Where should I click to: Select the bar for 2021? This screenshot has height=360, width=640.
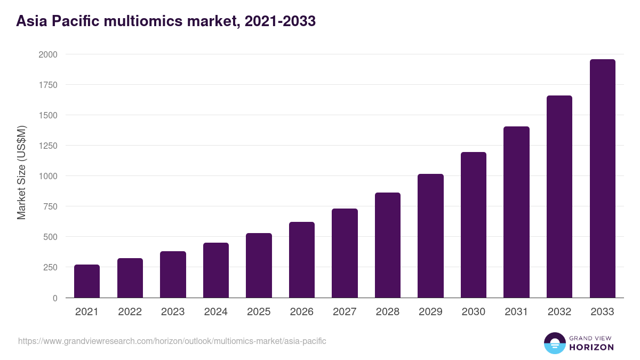point(87,281)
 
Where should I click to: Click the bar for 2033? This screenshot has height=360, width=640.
point(602,179)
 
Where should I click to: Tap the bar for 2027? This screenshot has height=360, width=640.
point(345,253)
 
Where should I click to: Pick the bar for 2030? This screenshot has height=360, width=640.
point(474,225)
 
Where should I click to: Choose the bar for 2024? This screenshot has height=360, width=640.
point(216,270)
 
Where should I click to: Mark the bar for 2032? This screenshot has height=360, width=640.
point(559,197)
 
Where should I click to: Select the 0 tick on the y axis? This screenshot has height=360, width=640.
point(55,298)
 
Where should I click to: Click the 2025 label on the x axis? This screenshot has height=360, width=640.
point(259,312)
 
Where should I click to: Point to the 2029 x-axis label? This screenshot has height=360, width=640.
point(430,312)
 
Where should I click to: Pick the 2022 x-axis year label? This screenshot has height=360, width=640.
point(130,312)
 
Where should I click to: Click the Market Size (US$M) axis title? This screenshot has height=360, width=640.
point(21,172)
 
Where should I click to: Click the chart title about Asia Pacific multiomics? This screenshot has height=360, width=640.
point(166,21)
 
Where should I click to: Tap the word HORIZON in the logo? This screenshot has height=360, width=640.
point(591,347)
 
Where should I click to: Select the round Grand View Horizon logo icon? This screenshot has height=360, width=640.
point(555,343)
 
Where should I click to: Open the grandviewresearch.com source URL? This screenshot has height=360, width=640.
point(172,341)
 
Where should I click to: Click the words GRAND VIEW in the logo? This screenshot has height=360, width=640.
point(591,338)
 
